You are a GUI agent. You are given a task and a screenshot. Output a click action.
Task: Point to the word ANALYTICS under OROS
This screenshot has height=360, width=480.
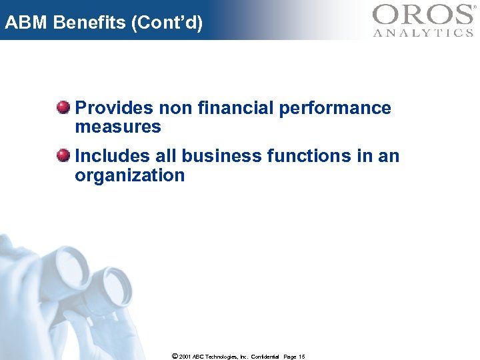click(x=422, y=33)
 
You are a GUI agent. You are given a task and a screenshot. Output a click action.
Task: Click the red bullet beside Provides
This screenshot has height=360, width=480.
click(x=63, y=107)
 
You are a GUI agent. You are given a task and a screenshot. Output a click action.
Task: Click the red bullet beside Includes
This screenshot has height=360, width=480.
click(x=63, y=156)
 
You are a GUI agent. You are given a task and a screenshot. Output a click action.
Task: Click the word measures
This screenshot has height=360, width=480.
click(x=118, y=127)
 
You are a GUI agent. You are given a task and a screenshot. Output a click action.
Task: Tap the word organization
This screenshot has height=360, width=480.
click(x=129, y=176)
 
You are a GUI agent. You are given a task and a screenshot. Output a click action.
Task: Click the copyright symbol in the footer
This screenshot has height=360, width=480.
click(x=175, y=357)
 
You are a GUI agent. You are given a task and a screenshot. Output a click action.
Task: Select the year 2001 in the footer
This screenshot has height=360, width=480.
click(x=185, y=357)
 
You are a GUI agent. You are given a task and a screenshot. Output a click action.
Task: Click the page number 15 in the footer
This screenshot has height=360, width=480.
click(x=301, y=357)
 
